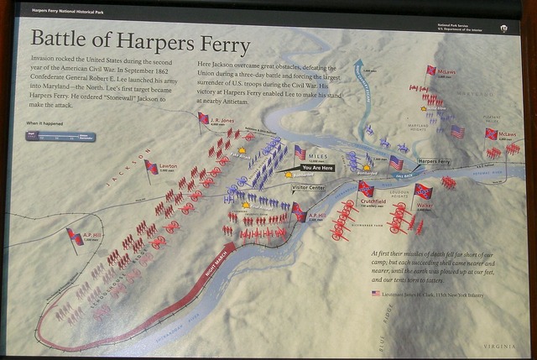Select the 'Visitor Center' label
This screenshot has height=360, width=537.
(308, 188)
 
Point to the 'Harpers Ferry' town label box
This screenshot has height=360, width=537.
(434, 160)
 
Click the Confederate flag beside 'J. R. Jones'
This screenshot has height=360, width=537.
(203, 118)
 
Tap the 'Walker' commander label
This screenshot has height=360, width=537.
(425, 205)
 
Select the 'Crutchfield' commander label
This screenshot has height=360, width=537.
(373, 201)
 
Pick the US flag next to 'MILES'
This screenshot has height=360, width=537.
(300, 153)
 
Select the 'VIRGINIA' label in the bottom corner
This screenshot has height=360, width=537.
(501, 346)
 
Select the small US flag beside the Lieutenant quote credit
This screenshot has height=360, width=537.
(375, 294)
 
